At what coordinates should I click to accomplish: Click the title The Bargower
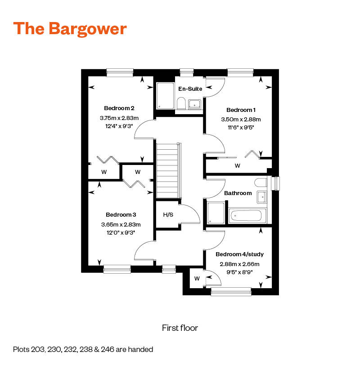tap(70, 28)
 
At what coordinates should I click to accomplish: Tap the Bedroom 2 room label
tap(119, 108)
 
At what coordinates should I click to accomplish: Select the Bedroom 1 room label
tap(241, 110)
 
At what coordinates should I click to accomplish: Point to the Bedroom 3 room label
tap(121, 214)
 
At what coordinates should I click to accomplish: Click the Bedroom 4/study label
tap(239, 254)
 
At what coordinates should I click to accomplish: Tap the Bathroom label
tap(238, 193)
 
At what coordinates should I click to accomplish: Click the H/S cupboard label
tap(168, 215)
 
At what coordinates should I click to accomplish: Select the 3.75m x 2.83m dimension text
tap(119, 118)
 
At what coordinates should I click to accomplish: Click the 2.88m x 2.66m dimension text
tap(239, 264)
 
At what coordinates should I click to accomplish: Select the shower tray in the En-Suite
tap(165, 95)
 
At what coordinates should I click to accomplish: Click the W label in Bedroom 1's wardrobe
tap(237, 166)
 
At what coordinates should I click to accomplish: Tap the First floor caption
tap(180, 328)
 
